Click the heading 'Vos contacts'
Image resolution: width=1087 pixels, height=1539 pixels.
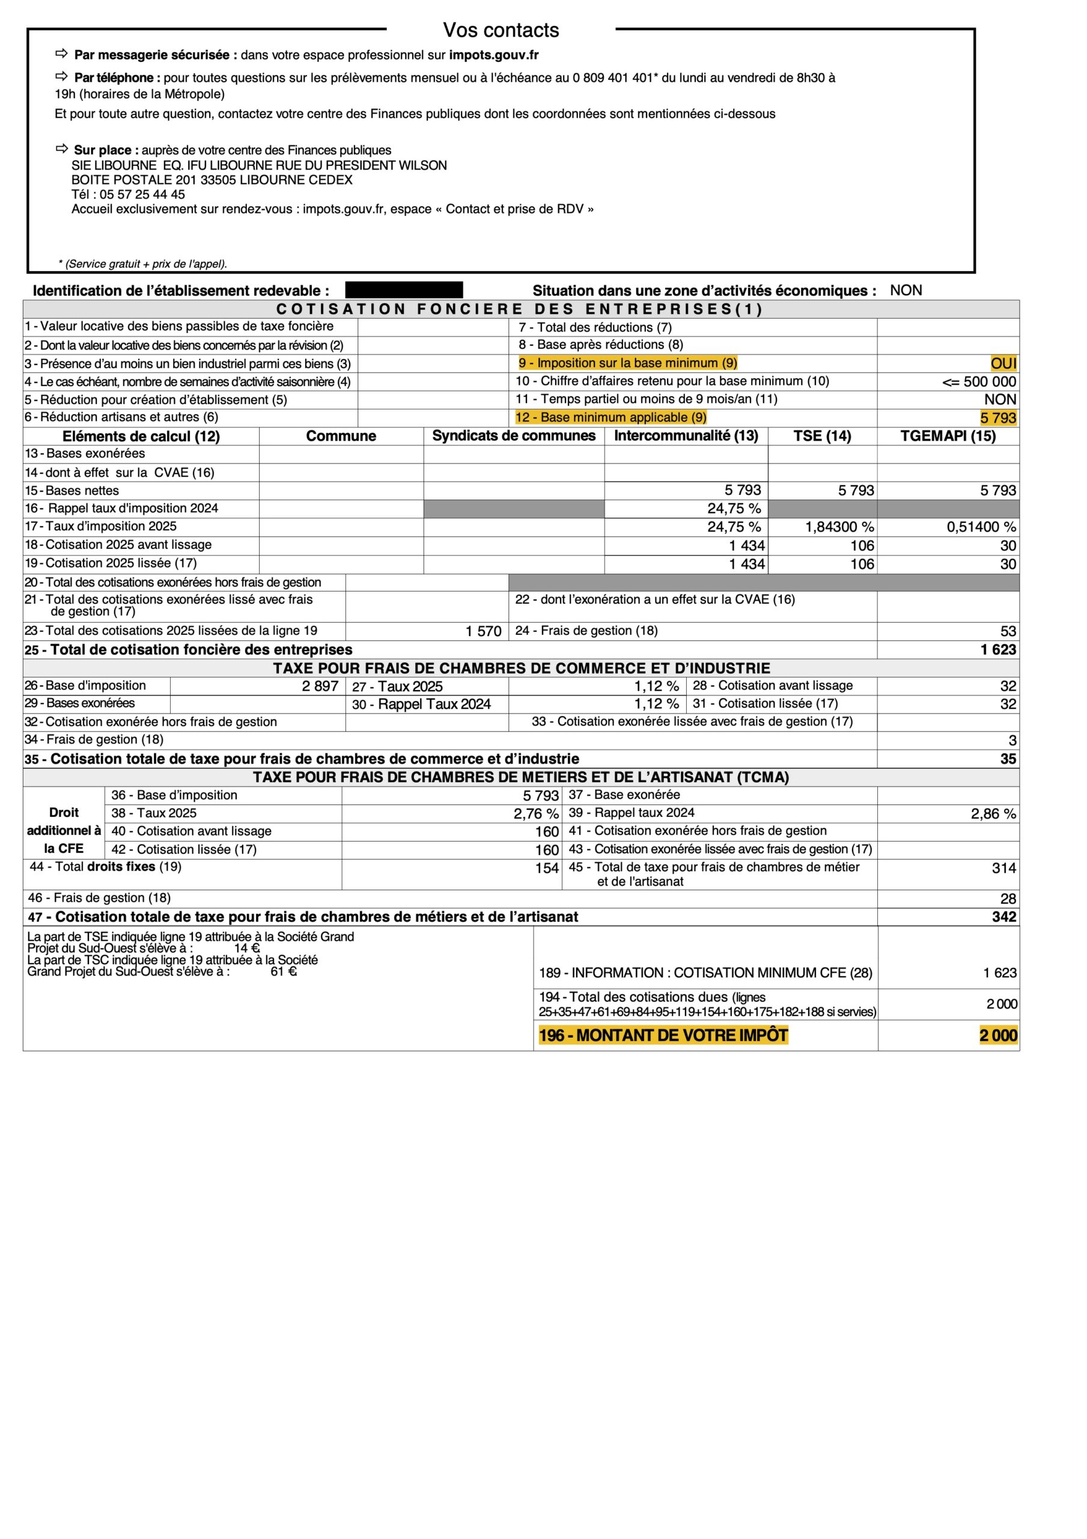[x=501, y=30]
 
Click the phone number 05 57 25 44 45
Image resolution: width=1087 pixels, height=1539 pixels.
[x=142, y=194]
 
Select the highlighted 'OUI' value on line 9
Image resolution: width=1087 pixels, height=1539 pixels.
[x=1003, y=363]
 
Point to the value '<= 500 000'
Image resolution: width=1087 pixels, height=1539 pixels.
[x=978, y=381]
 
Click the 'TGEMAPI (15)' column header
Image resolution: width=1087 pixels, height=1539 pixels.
[x=948, y=436]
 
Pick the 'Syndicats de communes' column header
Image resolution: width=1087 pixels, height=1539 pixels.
[x=513, y=436]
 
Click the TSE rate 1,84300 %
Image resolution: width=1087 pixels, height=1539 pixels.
[x=839, y=527]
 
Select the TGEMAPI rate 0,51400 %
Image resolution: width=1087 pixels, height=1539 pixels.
[x=981, y=527]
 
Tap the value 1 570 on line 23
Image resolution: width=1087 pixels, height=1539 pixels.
[x=483, y=631]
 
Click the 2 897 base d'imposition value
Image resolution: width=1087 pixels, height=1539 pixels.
[x=320, y=686]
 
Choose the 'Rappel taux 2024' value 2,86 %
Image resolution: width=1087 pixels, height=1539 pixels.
[x=993, y=814]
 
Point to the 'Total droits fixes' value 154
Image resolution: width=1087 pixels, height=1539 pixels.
[x=547, y=868]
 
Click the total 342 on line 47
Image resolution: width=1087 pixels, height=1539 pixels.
[x=1004, y=917]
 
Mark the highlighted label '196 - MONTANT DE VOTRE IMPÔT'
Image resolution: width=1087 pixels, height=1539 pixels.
[x=663, y=1035]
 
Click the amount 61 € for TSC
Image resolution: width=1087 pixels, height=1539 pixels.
[x=284, y=971]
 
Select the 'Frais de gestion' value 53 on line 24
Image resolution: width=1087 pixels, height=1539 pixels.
[x=1008, y=631]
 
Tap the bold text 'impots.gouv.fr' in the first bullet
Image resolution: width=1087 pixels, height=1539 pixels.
[x=494, y=55]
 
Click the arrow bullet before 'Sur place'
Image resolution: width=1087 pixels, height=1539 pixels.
[x=62, y=149]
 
